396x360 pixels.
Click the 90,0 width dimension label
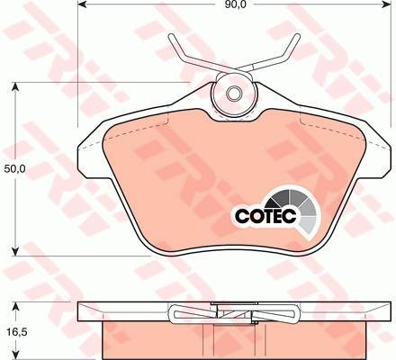[x=234, y=4]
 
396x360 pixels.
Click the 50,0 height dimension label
[x=15, y=169]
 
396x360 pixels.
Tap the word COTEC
[x=265, y=215]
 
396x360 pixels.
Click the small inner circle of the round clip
[x=234, y=94]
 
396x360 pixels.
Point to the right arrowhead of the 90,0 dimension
[x=386, y=4]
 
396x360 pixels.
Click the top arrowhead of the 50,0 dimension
[x=15, y=87]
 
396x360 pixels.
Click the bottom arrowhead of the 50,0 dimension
[x=15, y=251]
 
